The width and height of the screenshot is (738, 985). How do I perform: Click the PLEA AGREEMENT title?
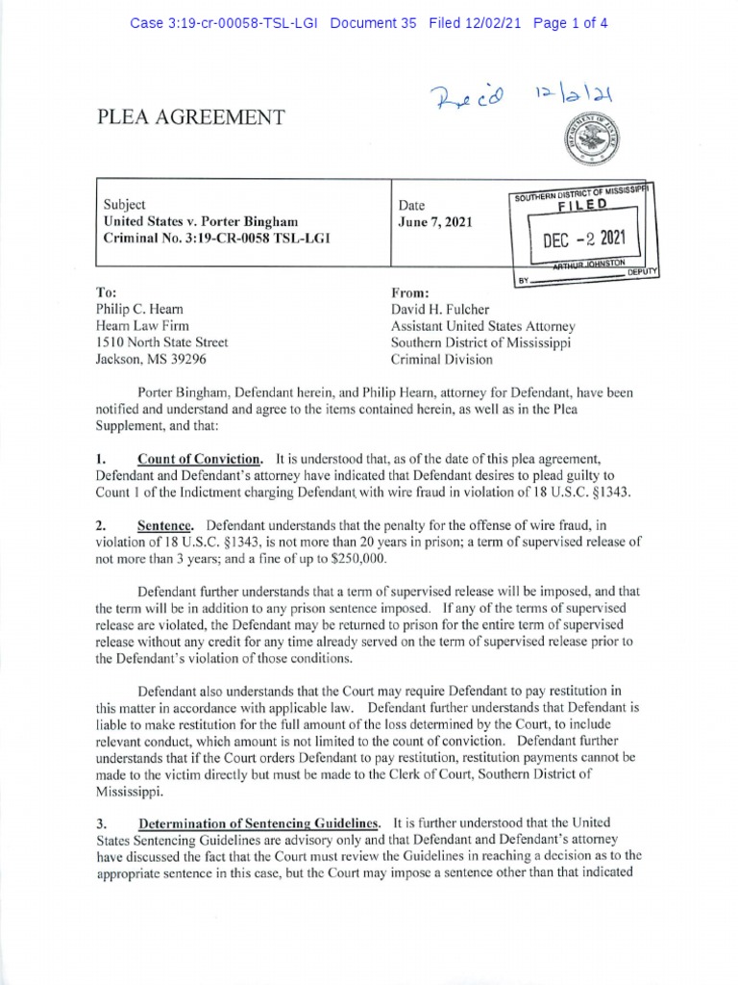[190, 117]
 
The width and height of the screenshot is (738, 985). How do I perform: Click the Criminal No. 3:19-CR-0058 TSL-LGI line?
[215, 238]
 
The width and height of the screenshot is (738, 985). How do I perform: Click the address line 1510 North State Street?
[161, 342]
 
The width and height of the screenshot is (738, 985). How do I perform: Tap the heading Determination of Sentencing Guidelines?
[259, 823]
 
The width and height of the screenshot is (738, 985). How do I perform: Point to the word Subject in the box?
[124, 205]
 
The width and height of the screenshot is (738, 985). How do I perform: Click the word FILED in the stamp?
[583, 205]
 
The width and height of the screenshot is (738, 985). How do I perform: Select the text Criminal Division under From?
[442, 360]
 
